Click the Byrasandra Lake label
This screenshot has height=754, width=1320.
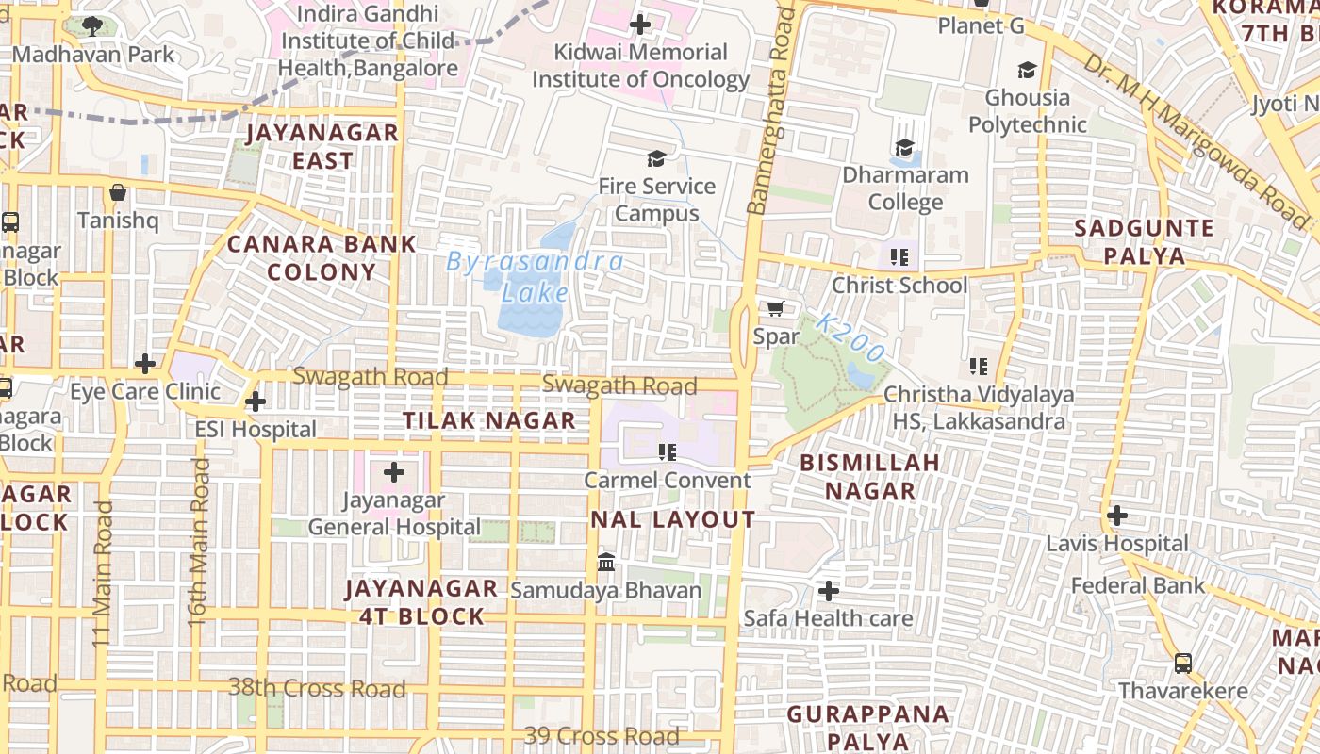point(535,276)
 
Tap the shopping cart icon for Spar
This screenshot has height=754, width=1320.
point(776,309)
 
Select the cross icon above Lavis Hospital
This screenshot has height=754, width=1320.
point(1117,516)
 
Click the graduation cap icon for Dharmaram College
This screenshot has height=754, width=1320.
point(904,147)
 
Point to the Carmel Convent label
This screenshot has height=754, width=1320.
point(668,480)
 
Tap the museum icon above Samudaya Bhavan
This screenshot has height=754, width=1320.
point(606,563)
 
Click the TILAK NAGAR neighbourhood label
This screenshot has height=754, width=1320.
point(489,420)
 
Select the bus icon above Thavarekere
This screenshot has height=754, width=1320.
point(1183,663)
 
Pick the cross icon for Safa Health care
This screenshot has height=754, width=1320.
point(829,591)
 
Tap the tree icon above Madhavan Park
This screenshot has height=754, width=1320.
point(92,25)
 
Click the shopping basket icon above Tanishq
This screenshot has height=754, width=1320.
point(118,192)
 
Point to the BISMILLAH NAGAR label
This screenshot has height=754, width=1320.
point(869,476)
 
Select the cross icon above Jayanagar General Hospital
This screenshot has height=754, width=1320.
point(394,472)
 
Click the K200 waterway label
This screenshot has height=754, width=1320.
point(850,338)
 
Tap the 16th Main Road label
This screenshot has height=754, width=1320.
point(198,542)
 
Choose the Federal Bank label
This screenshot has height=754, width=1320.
point(1137,585)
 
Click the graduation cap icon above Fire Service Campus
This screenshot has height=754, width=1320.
point(655,158)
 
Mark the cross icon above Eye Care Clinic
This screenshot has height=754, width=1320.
point(145,363)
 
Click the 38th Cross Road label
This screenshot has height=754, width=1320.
point(317,687)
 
